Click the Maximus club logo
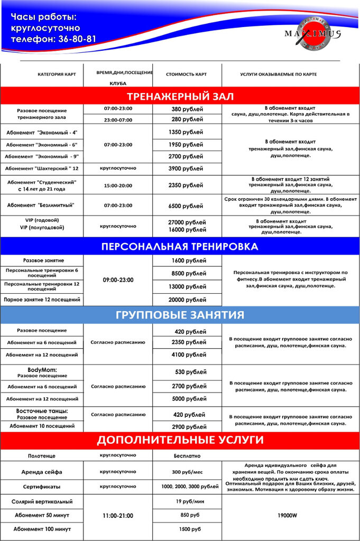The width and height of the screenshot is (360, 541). tap(313, 35)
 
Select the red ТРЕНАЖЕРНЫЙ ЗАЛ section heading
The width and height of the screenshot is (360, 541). tap(180, 96)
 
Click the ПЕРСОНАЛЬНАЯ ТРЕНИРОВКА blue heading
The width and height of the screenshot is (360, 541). tap(180, 247)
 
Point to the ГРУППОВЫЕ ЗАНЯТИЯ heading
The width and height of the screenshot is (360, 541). tap(180, 315)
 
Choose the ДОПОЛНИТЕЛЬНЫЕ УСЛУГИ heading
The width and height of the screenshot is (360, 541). tap(180, 440)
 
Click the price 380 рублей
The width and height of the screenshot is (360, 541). tap(187, 109)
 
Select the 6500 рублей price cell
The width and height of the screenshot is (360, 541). tap(187, 206)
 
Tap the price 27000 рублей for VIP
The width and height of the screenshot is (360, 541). tap(187, 222)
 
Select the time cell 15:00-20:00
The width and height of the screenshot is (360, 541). tap(118, 185)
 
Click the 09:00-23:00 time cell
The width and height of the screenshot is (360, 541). tap(118, 280)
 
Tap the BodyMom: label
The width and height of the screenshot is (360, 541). tap(42, 370)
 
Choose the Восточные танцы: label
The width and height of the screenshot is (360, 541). tap(42, 411)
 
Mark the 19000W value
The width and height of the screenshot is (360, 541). tap(288, 515)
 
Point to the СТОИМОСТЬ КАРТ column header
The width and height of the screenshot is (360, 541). tap(186, 74)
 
